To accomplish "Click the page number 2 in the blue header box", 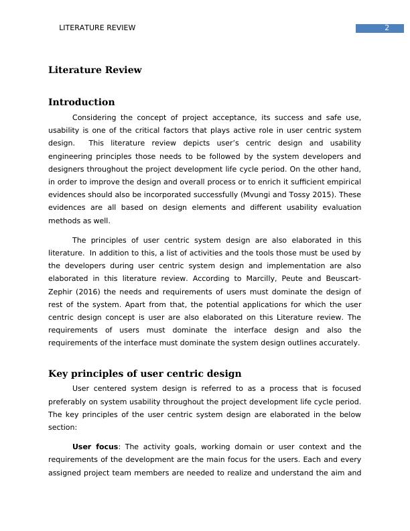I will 387,27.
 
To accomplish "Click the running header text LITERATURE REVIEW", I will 97,27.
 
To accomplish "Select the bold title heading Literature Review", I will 94,70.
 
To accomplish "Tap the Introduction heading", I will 81,102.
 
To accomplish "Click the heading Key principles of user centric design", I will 145,373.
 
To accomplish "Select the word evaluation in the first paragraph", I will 339,207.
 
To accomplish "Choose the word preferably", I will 70,402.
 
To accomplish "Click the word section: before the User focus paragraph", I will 62,427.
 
